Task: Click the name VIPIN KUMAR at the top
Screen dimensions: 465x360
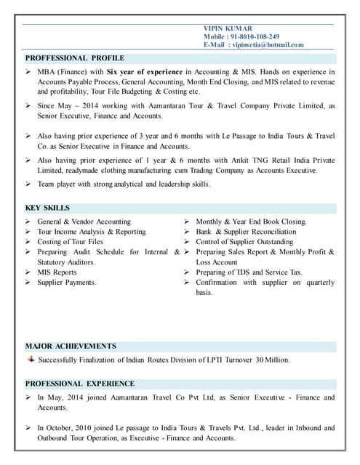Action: (x=228, y=28)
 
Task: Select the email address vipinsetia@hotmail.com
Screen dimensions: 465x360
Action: (x=267, y=44)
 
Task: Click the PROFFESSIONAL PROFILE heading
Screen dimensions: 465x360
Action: (x=75, y=58)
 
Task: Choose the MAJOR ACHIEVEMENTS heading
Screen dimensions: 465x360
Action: (x=71, y=346)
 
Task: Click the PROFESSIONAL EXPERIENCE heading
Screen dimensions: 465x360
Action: (x=80, y=384)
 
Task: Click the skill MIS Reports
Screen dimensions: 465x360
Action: (x=57, y=272)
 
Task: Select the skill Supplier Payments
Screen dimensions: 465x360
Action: (x=67, y=283)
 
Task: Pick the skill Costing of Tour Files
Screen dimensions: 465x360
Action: (x=71, y=242)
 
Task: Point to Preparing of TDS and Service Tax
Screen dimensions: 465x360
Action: (x=249, y=272)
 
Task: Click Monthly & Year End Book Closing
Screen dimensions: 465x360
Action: (x=251, y=222)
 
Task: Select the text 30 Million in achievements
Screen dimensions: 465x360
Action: (x=272, y=360)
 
